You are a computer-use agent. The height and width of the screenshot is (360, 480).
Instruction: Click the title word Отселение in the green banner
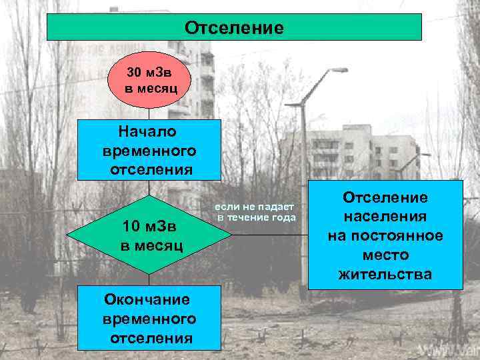pos(234,28)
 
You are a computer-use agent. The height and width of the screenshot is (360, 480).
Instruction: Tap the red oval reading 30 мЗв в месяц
pos(150,80)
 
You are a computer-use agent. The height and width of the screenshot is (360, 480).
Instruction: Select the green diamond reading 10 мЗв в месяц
pos(150,235)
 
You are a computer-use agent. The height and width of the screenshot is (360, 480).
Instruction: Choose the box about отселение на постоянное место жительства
pos(385,235)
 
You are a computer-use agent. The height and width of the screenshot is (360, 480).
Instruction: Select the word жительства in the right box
pos(385,274)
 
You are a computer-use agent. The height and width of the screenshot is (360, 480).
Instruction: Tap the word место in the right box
pos(385,255)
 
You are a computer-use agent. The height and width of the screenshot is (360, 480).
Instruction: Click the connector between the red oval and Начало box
pos(149,114)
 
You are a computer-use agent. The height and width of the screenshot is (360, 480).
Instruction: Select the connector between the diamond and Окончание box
pos(149,279)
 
